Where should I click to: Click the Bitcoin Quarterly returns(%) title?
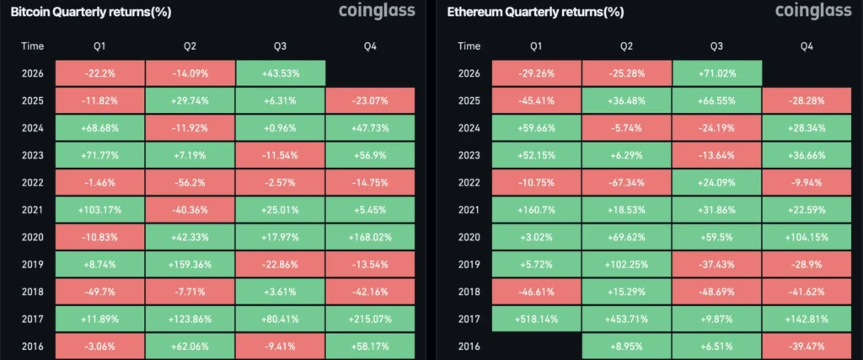(91, 13)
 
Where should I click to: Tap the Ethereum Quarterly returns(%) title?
(535, 13)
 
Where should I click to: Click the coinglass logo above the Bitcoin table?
(377, 11)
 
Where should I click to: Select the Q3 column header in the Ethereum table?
(716, 46)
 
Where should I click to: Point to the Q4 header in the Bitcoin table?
(370, 46)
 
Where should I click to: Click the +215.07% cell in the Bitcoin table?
(370, 320)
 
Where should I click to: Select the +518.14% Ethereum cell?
(536, 320)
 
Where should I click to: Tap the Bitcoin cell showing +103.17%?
(100, 210)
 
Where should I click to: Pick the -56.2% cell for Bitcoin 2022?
(190, 183)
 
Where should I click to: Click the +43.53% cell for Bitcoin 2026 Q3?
(280, 73)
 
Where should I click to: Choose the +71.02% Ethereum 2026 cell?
(716, 73)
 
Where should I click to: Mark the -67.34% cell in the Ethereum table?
(626, 183)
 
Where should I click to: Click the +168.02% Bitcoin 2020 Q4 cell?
(370, 237)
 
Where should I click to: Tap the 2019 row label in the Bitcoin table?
(33, 265)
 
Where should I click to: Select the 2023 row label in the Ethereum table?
(469, 155)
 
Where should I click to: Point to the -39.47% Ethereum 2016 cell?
(807, 347)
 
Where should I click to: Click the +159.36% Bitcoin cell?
(190, 265)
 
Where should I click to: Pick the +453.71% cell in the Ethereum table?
(626, 320)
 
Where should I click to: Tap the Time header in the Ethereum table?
(469, 46)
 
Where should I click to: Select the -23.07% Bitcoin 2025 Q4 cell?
(370, 100)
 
